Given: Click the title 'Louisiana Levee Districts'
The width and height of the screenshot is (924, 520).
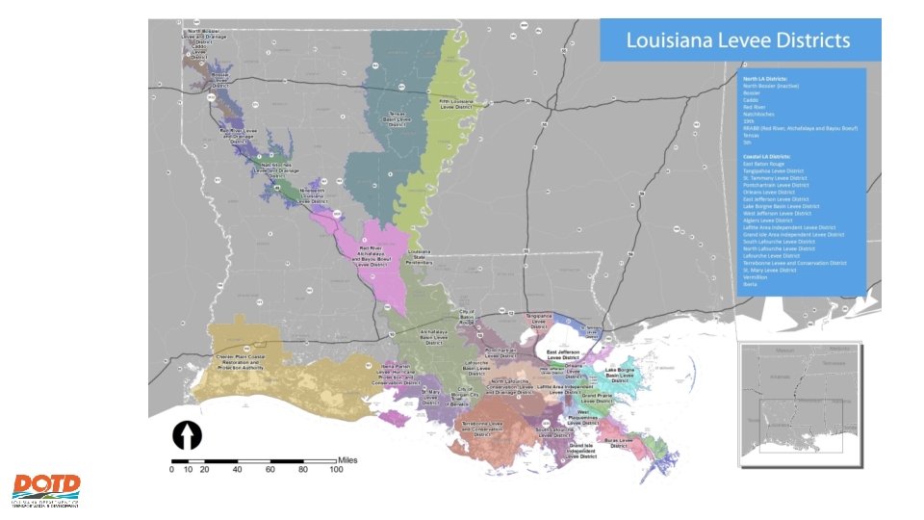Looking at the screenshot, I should pos(738,40).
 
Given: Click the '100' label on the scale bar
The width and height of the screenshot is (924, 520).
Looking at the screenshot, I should pos(335,469).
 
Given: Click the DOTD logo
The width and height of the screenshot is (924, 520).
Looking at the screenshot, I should pos(46,489).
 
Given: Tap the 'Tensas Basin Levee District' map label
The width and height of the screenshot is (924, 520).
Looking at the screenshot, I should pos(398,117).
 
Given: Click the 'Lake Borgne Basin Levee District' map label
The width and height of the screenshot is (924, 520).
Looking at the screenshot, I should pos(625,375).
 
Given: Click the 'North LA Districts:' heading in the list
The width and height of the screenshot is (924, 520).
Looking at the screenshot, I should pos(765,77).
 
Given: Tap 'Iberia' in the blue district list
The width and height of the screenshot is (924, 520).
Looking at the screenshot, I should pos(751,284).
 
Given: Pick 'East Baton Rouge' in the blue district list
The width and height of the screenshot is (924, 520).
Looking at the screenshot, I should pos(763,165).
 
